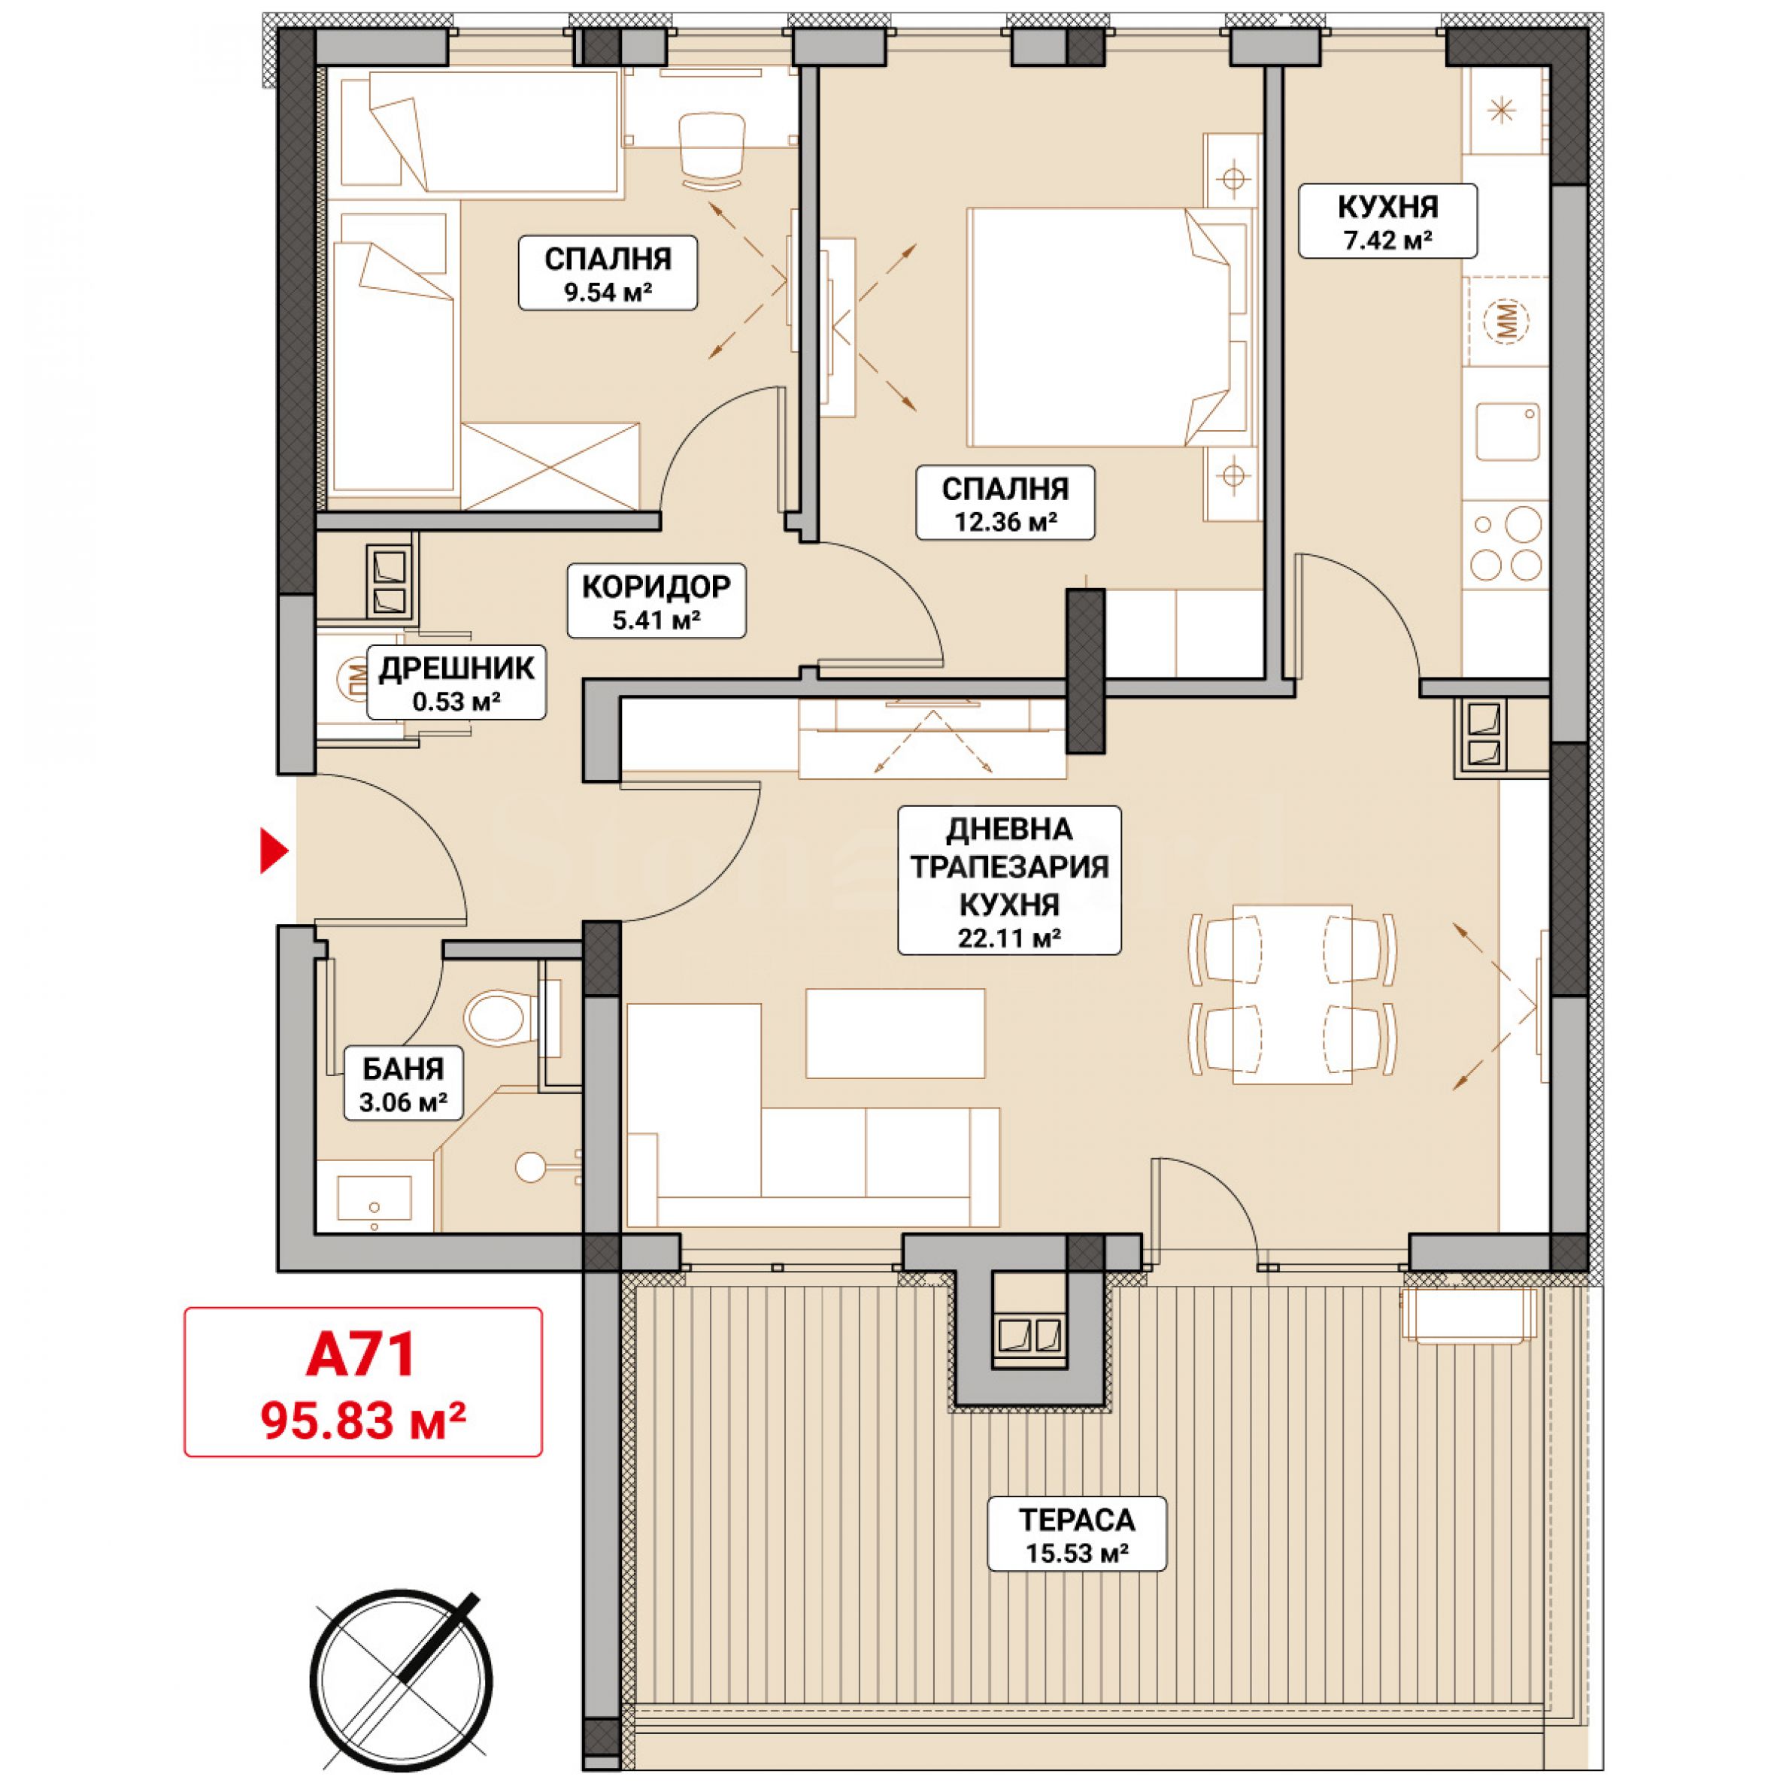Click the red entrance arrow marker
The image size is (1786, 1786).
pos(273,852)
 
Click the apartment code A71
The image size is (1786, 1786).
pos(362,1354)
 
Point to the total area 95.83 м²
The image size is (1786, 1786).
pos(363,1418)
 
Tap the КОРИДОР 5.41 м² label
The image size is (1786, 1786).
pos(656,600)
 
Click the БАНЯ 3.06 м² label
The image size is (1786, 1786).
pos(403,1083)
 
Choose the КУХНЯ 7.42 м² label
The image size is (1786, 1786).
pos(1387,220)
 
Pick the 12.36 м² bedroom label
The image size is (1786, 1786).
pos(1005,502)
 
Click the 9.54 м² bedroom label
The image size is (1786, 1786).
pos(608,273)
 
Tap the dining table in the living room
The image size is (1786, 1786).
pos(1293,993)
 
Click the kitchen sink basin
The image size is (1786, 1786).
pos(1507,432)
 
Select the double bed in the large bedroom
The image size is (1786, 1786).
pos(1105,327)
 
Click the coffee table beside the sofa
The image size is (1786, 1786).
pos(895,1032)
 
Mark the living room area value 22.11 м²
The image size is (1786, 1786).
pos(1009,938)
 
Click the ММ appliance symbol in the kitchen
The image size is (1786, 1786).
pos(1507,321)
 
